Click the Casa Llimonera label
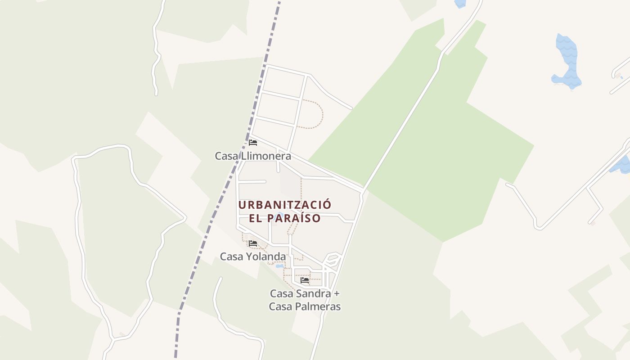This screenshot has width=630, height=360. (252, 156)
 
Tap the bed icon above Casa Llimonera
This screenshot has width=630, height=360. (253, 143)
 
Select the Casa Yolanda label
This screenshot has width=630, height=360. (252, 256)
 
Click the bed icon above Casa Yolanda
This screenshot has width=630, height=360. (253, 243)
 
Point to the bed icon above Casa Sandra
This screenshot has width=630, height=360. (305, 280)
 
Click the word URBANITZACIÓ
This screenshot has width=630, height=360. (284, 205)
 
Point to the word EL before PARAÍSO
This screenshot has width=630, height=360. (255, 218)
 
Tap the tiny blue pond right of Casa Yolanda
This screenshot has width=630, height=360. (279, 266)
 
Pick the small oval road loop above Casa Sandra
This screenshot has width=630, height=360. (332, 259)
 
